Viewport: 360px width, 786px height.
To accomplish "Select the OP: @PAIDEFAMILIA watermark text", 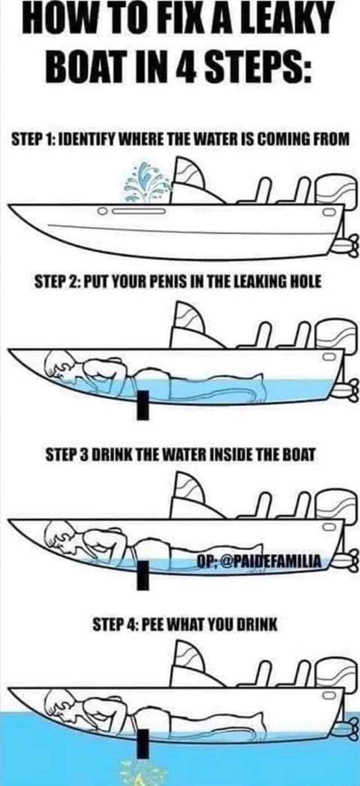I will tap(259, 561).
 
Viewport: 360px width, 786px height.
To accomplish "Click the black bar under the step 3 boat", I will tap(143, 575).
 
